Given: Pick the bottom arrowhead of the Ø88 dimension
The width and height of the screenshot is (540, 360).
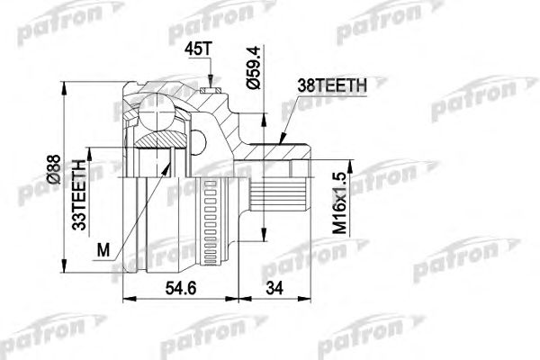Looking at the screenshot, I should (62, 271).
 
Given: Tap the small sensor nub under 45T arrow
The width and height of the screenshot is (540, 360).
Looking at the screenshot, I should (211, 90).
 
